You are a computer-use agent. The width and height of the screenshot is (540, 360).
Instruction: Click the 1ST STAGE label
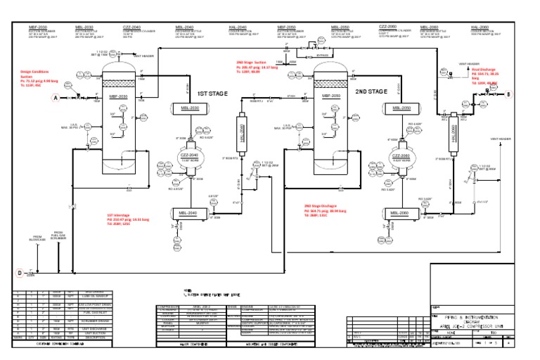(x=212, y=94)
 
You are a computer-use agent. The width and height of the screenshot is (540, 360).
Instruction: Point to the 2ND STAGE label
(x=371, y=92)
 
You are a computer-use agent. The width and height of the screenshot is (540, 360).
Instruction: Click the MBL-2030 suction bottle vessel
(x=188, y=108)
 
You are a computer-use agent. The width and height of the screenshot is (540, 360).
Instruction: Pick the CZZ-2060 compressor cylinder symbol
(x=399, y=157)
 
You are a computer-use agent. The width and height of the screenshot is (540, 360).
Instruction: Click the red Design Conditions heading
(x=35, y=71)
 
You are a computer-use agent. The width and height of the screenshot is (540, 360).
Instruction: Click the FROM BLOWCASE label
(x=38, y=238)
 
